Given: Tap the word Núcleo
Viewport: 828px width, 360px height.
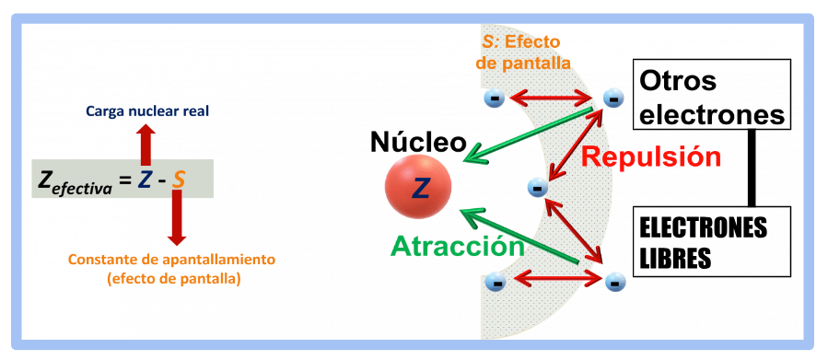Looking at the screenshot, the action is tap(418, 142).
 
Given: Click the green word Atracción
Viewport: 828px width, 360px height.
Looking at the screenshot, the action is tap(458, 246).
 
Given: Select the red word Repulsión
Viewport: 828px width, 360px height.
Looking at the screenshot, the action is tap(650, 157).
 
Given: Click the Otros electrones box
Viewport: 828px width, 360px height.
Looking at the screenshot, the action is tap(711, 95).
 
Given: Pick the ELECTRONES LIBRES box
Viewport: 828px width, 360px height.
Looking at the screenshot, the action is tap(711, 241).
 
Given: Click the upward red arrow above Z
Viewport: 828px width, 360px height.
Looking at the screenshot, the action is tap(146, 145).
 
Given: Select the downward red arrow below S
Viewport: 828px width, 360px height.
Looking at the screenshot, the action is tap(177, 217).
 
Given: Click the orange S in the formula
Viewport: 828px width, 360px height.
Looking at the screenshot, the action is tap(180, 180).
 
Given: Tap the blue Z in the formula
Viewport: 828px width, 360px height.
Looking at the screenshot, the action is tap(145, 180).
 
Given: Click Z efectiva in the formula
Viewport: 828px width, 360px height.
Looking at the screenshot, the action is tap(75, 182).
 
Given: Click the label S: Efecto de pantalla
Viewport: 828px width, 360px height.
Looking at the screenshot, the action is tap(523, 52).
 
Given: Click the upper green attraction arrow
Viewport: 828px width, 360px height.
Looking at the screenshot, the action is tap(528, 134).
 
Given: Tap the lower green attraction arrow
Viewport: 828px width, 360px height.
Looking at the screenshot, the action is tap(520, 236).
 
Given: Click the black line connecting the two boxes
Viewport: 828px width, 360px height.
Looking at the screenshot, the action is tap(752, 168).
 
